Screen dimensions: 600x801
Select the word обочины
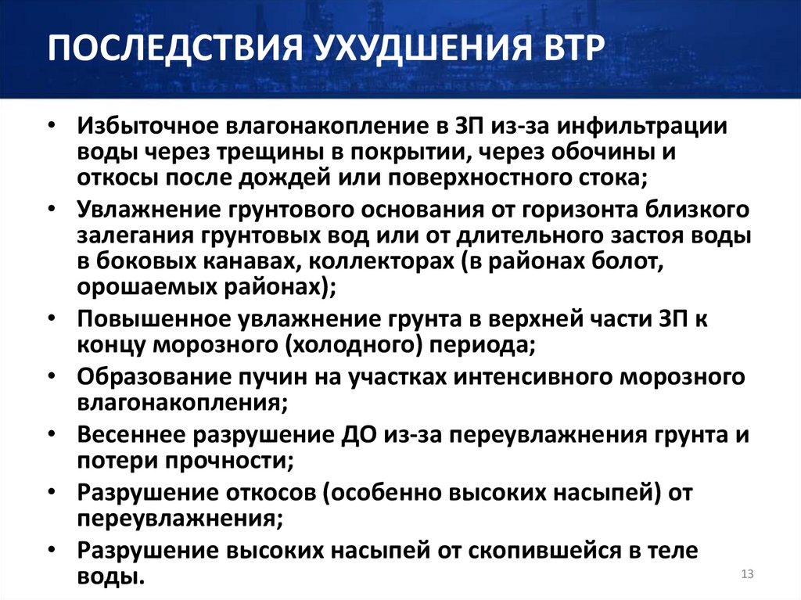[615, 152]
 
